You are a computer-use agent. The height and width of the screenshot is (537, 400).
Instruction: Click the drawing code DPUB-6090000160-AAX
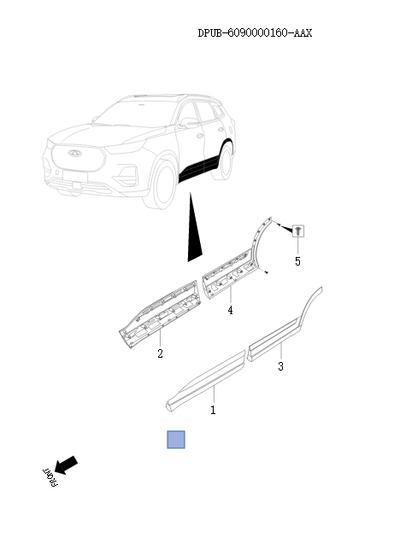pyautogui.click(x=255, y=33)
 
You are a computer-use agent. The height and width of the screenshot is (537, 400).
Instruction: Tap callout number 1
pyautogui.click(x=213, y=410)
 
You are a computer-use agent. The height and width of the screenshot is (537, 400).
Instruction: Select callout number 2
pyautogui.click(x=160, y=353)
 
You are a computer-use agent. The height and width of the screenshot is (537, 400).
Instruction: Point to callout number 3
pyautogui.click(x=280, y=366)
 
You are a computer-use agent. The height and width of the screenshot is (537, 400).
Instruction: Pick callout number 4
pyautogui.click(x=230, y=310)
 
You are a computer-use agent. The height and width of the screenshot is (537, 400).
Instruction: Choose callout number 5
pyautogui.click(x=297, y=261)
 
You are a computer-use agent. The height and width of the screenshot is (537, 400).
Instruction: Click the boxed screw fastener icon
pyautogui.click(x=298, y=231)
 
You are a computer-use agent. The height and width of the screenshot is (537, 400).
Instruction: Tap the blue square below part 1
pyautogui.click(x=176, y=440)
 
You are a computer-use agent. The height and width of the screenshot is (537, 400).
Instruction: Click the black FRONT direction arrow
pyautogui.click(x=66, y=465)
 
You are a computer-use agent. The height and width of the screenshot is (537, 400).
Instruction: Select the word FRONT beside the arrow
pyautogui.click(x=50, y=477)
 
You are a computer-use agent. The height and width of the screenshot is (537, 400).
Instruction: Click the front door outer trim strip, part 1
pyautogui.click(x=205, y=380)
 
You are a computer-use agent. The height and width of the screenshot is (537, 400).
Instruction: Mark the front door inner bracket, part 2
pyautogui.click(x=160, y=314)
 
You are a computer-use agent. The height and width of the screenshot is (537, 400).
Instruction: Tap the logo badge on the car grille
pyautogui.click(x=74, y=153)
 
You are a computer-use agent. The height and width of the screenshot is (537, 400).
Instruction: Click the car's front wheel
pyautogui.click(x=161, y=184)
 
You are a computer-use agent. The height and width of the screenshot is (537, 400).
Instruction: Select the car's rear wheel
pyautogui.click(x=223, y=162)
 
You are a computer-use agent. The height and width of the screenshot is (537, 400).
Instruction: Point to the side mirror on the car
pyautogui.click(x=188, y=121)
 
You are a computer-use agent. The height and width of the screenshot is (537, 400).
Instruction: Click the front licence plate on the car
pyautogui.click(x=75, y=177)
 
